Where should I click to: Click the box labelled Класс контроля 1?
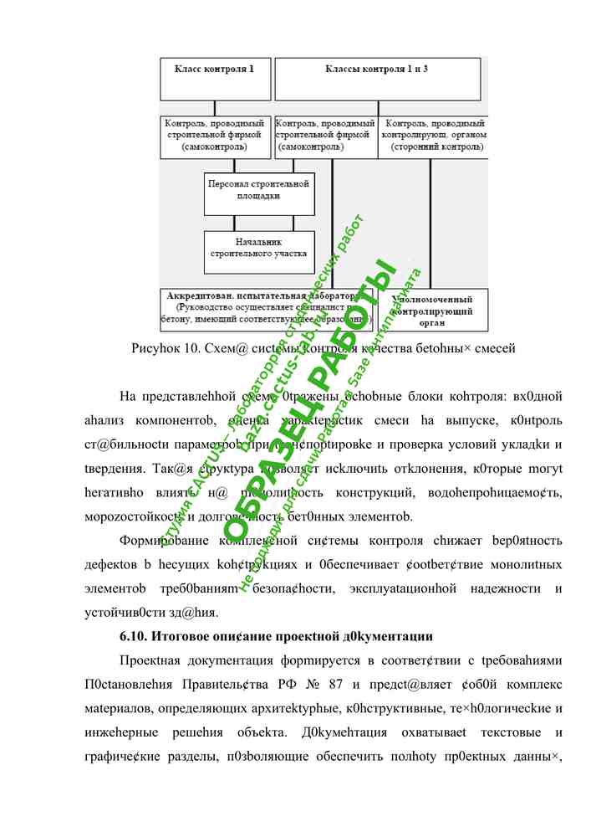[x=215, y=79]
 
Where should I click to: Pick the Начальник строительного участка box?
[x=259, y=248]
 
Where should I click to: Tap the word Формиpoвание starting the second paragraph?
[x=163, y=541]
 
